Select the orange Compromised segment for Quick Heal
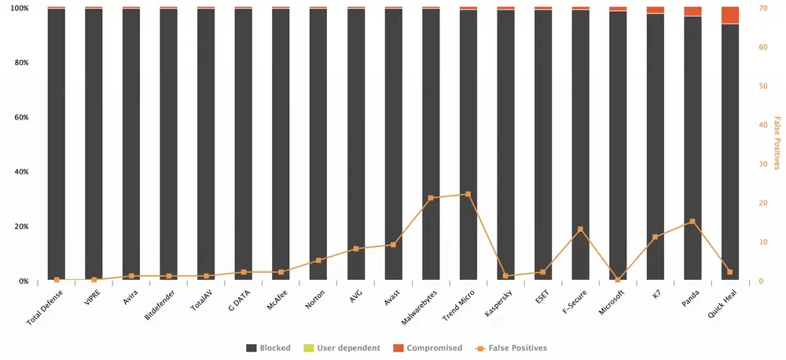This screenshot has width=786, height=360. tap(730, 15)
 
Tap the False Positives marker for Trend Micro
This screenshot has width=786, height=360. tap(468, 194)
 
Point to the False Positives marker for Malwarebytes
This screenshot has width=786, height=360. tap(431, 198)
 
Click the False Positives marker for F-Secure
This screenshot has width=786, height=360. tap(580, 230)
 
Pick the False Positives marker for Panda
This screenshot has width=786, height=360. tap(692, 222)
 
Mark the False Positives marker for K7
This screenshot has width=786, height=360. tap(655, 237)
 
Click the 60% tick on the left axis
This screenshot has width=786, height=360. tap(20, 117)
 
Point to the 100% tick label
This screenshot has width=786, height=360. tap(18, 8)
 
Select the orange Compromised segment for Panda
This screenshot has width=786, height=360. tap(692, 11)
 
